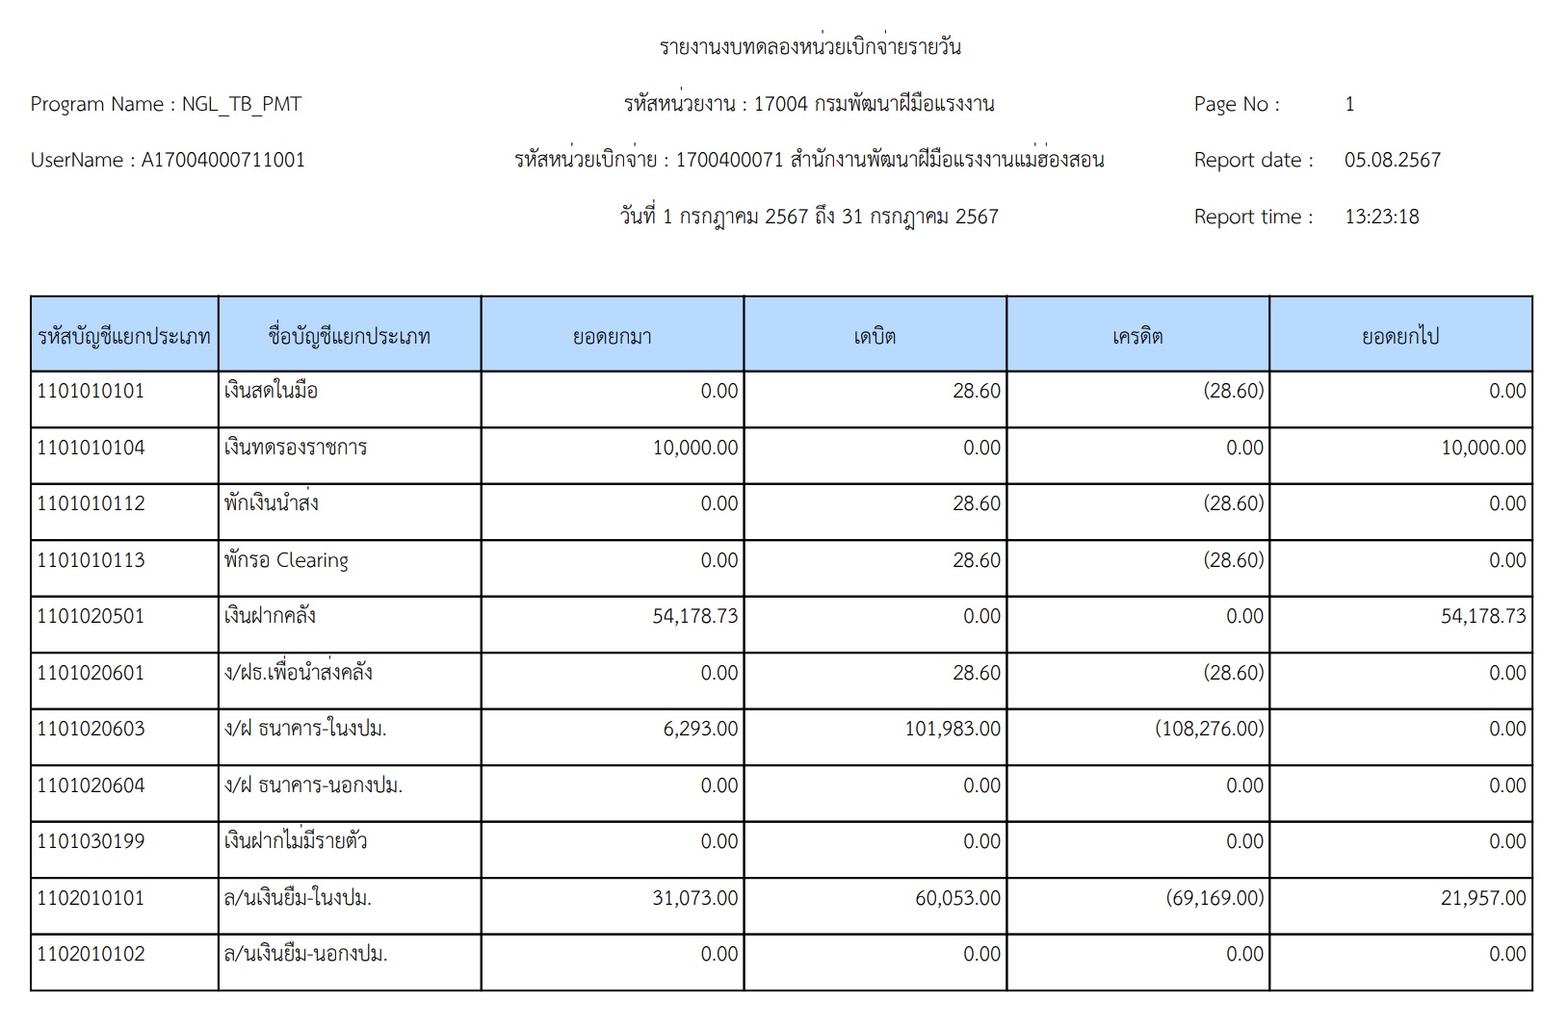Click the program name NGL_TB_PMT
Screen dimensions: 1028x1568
242,105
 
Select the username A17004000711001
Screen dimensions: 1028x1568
222,161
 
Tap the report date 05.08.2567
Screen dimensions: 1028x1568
1392,161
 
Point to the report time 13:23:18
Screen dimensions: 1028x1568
1381,217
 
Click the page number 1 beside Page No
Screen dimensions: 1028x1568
1349,105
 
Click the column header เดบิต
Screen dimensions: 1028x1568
875,337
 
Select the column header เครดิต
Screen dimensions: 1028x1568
1137,337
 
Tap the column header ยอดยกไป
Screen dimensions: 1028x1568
1400,337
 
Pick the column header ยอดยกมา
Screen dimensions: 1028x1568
613,337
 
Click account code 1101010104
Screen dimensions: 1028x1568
91,448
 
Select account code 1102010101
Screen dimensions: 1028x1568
91,898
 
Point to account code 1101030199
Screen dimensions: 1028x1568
91,841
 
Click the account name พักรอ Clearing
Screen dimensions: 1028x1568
286,560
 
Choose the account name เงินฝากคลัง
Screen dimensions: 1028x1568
270,616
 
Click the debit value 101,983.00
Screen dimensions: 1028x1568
953,729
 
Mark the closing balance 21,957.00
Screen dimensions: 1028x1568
1483,898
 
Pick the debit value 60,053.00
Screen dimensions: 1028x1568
957,898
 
